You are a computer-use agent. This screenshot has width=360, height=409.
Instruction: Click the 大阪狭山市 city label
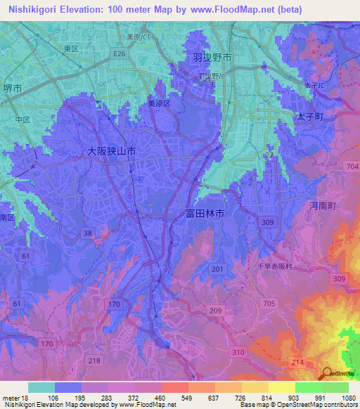coord(111,151)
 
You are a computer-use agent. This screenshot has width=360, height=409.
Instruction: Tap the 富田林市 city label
coord(205,212)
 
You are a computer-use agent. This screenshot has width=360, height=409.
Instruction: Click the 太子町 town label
coord(309,117)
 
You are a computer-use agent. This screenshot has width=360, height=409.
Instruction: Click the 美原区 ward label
coord(159,103)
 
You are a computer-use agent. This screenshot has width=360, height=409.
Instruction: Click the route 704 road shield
coord(352,167)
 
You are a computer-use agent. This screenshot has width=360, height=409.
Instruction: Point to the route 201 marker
coord(217,269)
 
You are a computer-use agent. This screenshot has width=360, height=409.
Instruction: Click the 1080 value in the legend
coord(348,398)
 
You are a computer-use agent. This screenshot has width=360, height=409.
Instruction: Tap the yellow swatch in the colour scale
coord(281,387)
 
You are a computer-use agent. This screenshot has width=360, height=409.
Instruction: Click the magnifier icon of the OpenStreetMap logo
coord(326,373)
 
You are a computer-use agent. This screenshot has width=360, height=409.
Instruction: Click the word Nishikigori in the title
coord(29,10)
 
